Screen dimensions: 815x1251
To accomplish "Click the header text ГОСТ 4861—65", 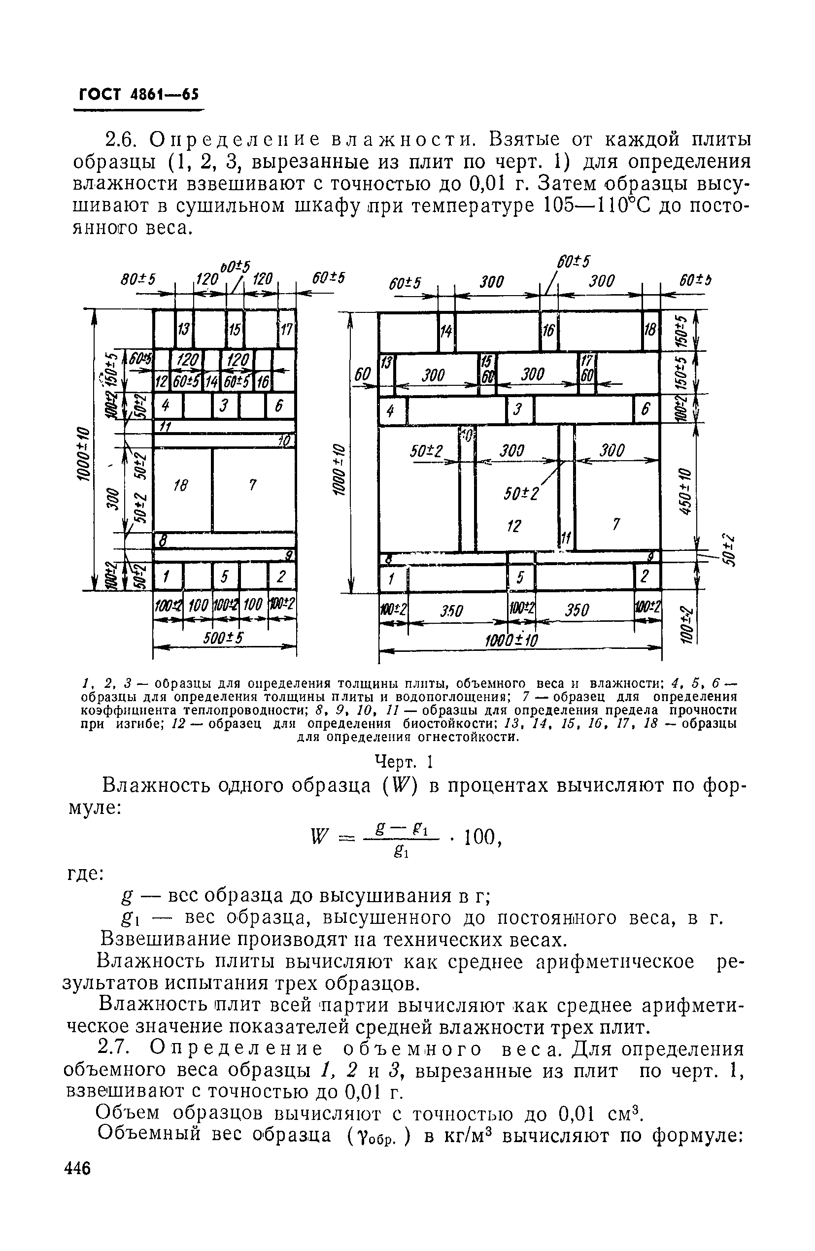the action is click(x=138, y=95).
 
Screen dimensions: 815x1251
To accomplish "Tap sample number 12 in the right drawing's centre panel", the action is click(x=513, y=525).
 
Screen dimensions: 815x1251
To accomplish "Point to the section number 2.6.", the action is click(x=122, y=139).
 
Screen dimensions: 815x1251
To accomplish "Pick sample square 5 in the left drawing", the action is click(x=225, y=577).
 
